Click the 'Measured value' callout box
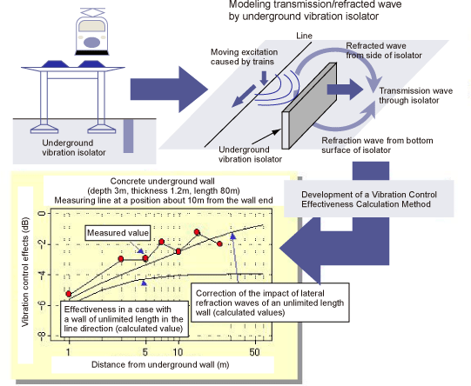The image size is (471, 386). (x=116, y=233)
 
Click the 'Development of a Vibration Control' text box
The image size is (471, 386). (x=366, y=199)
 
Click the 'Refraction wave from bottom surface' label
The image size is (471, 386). (x=378, y=143)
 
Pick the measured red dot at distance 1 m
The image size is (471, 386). (x=68, y=294)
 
